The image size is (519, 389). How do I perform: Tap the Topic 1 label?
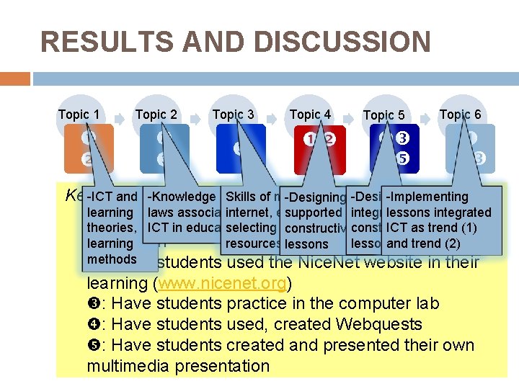click(x=79, y=114)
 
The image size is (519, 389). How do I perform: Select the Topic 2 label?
click(x=156, y=114)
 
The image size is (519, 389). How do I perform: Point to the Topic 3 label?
click(x=233, y=114)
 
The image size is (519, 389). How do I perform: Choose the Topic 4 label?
click(x=310, y=114)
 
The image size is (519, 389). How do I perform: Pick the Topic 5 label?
click(x=383, y=115)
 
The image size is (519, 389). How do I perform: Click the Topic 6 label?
click(x=460, y=114)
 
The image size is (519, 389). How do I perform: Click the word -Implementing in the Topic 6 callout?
click(x=427, y=197)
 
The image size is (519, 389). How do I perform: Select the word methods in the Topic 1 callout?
click(x=112, y=259)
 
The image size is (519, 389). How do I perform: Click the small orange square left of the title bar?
click(x=15, y=78)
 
